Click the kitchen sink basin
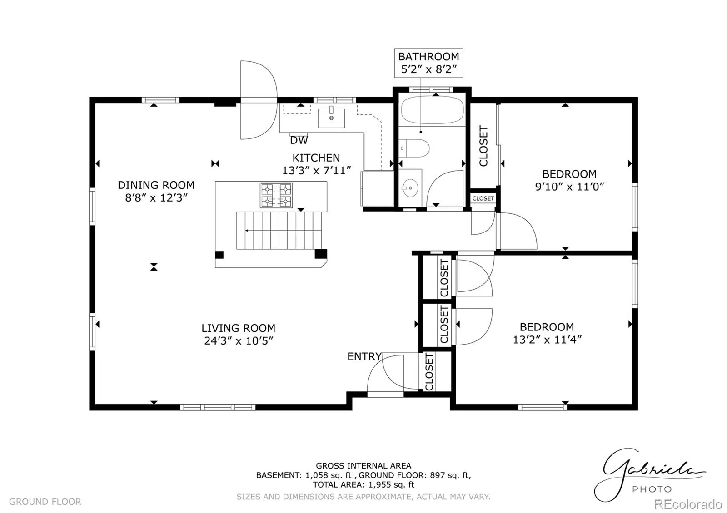click(331, 118)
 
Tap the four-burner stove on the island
click(276, 195)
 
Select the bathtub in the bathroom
click(432, 109)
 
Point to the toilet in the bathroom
click(414, 148)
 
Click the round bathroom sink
click(410, 188)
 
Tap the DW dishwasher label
click(299, 140)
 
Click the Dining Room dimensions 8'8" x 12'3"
click(156, 197)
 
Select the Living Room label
click(238, 328)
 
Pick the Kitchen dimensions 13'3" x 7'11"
click(316, 170)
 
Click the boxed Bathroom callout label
click(428, 63)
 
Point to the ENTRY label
click(364, 357)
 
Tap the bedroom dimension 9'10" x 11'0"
click(570, 187)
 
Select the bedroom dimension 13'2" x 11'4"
click(547, 340)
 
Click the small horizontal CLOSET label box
click(483, 198)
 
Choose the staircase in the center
click(279, 231)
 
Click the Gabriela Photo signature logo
click(649, 475)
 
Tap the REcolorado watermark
click(688, 504)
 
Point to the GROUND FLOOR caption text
click(45, 502)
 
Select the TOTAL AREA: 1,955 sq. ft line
click(363, 485)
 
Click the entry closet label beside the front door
click(429, 372)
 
